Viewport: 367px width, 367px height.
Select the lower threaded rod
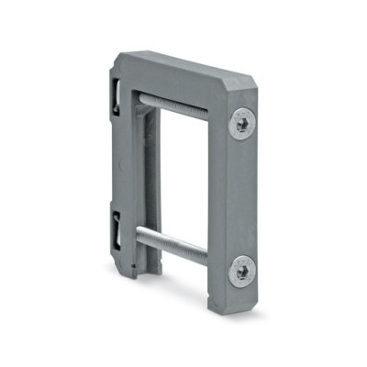click(179, 249)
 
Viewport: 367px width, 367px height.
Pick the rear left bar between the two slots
click(123, 156)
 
